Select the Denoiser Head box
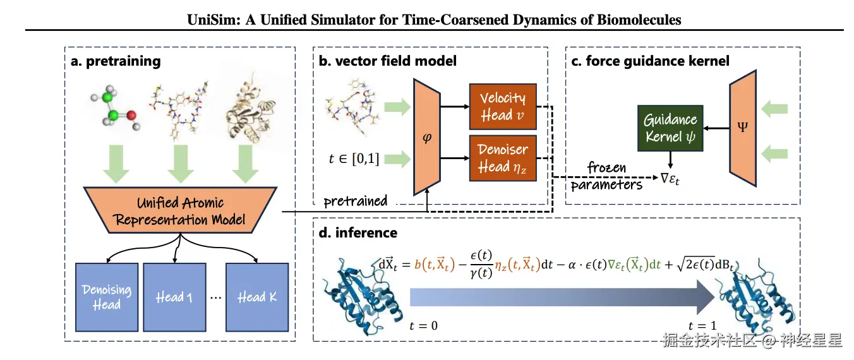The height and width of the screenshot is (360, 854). pos(503,158)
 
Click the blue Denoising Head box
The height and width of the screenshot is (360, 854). pos(106,296)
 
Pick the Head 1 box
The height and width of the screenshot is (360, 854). pos(174,296)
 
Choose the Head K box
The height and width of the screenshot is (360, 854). pos(257,296)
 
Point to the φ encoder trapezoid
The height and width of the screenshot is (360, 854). pos(427,136)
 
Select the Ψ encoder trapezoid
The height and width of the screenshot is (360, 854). pos(743,128)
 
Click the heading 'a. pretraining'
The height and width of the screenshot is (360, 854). pos(116,61)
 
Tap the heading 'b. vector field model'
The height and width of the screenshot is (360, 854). pos(388,61)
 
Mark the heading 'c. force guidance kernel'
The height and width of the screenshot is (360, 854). pos(650,61)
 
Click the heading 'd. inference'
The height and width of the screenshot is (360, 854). pos(358,232)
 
